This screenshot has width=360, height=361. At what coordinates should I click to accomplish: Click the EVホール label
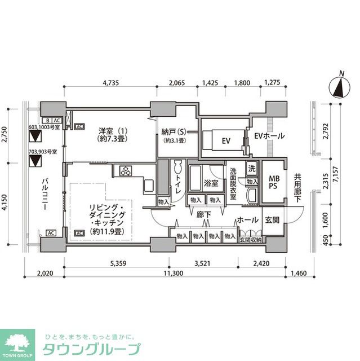click(269, 136)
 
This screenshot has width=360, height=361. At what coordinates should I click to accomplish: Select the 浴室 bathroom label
click(211, 183)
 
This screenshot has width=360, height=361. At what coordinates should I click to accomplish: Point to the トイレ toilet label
click(179, 183)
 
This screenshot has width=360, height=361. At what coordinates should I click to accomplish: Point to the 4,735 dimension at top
click(110, 83)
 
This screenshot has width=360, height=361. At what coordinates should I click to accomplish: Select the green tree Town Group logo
click(18, 342)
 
